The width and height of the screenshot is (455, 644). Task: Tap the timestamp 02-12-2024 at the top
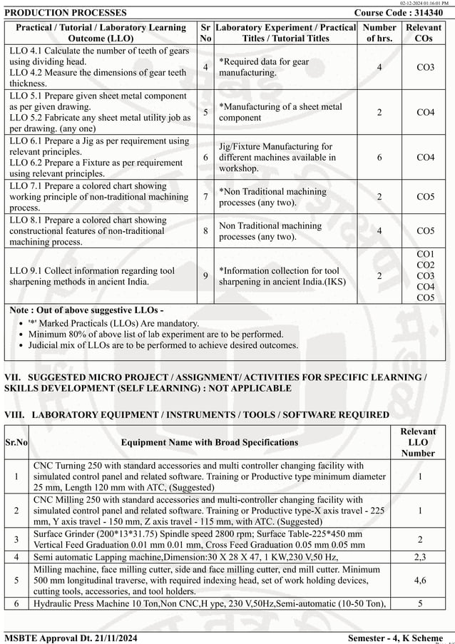pyautogui.click(x=425, y=4)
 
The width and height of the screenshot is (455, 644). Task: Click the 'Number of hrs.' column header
pyautogui.click(x=379, y=33)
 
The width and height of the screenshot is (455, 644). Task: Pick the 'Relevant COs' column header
pyautogui.click(x=424, y=33)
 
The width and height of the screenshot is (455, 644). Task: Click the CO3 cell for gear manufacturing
pyautogui.click(x=425, y=67)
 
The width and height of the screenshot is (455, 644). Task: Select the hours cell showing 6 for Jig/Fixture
pyautogui.click(x=379, y=158)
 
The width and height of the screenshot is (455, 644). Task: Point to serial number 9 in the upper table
pyautogui.click(x=205, y=275)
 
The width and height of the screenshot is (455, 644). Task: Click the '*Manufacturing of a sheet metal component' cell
pyautogui.click(x=280, y=112)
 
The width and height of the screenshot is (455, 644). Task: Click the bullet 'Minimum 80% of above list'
pyautogui.click(x=155, y=334)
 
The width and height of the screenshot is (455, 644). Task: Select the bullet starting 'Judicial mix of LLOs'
pyautogui.click(x=163, y=345)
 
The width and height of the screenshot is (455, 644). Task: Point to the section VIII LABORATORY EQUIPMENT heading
pyautogui.click(x=197, y=414)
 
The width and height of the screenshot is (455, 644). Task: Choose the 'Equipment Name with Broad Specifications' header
pyautogui.click(x=210, y=442)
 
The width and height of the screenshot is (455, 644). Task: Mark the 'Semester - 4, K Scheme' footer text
pyautogui.click(x=395, y=637)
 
